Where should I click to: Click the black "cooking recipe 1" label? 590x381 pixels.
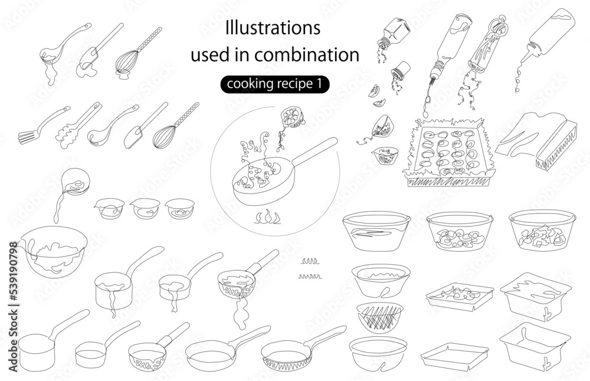click(x=275, y=84)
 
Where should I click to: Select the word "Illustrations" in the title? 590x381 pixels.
click(x=273, y=28)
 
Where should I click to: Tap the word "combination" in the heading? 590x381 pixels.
click(x=307, y=55)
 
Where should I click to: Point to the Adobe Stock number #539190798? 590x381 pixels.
click(x=13, y=271)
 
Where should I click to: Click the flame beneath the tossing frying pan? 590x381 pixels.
click(x=267, y=218)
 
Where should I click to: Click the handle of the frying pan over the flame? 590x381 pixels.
click(x=314, y=152)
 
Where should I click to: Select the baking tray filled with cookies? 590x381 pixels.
click(x=448, y=152)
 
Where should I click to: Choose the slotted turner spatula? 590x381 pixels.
click(x=43, y=125)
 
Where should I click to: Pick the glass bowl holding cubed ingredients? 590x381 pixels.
click(x=542, y=230)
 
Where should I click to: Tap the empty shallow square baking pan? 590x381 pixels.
click(x=454, y=356)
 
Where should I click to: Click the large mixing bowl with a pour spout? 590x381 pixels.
click(x=53, y=251)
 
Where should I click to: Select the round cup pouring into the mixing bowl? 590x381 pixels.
click(x=76, y=182)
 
